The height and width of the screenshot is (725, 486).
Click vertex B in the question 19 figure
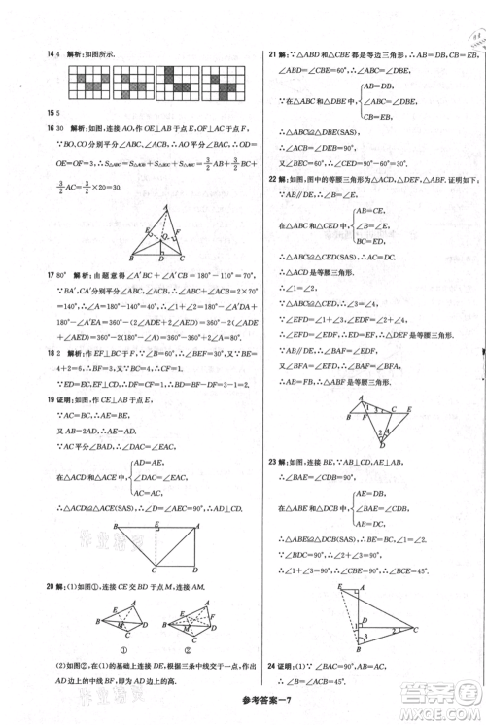pyautogui.click(x=117, y=526)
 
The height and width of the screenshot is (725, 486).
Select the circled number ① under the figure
pyautogui.click(x=123, y=651)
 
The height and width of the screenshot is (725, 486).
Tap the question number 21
pyautogui.click(x=272, y=54)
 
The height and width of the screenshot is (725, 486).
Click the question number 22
pyautogui.click(x=272, y=179)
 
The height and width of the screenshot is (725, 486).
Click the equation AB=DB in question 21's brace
pyautogui.click(x=379, y=86)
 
